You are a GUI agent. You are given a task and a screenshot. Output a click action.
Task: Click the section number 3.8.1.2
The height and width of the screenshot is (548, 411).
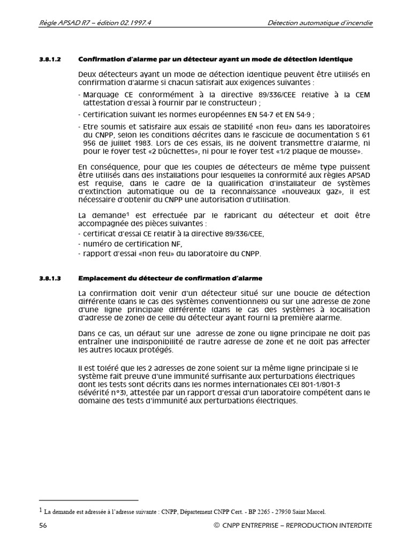[50, 59]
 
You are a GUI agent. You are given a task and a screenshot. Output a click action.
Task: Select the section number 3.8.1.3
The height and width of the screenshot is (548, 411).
[50, 278]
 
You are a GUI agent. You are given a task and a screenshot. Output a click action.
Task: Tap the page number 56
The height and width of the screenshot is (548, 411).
[43, 526]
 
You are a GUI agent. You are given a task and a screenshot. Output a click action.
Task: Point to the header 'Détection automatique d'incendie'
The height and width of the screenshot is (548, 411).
[320, 23]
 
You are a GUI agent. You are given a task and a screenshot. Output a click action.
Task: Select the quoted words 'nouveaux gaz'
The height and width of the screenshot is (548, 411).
[324, 192]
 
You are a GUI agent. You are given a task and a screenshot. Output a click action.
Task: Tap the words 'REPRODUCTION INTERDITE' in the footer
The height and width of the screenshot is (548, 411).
[329, 526]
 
